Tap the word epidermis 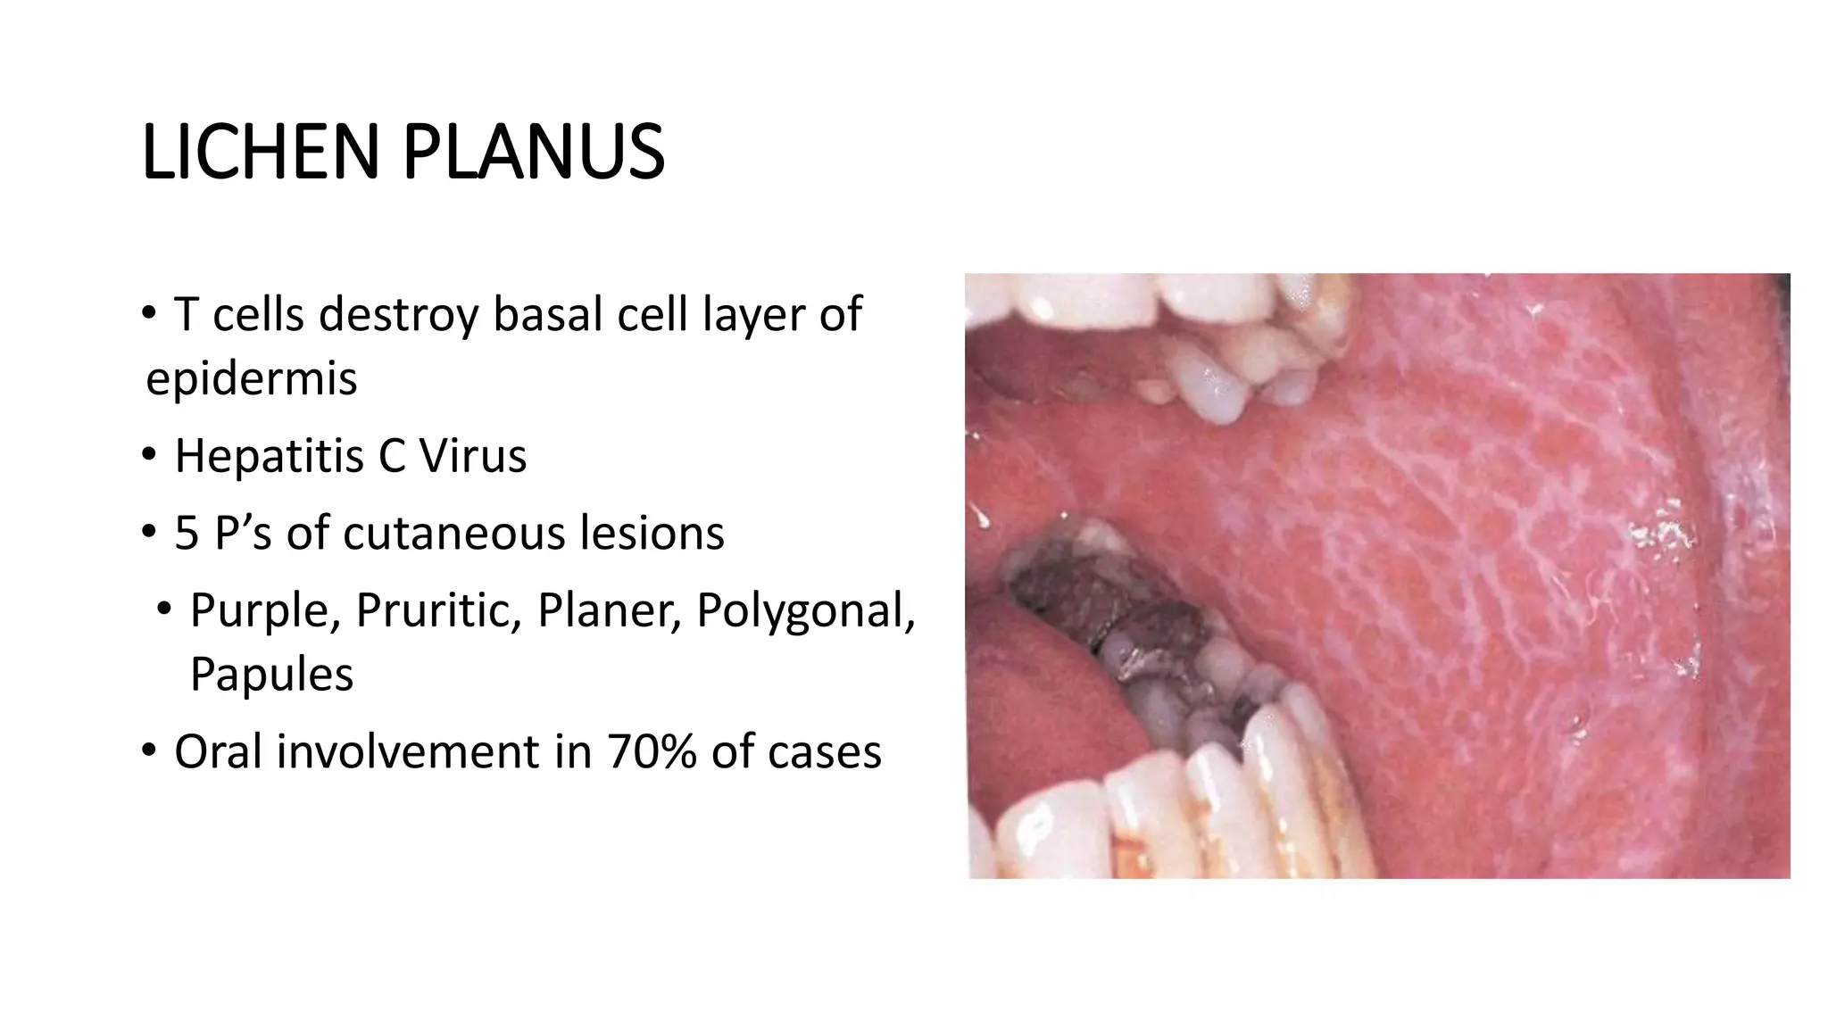click(x=251, y=378)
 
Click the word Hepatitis click(x=269, y=456)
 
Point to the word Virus click(x=473, y=456)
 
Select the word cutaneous click(x=454, y=534)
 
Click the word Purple click(x=265, y=612)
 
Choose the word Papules click(x=271, y=675)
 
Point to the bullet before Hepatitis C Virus click(x=149, y=455)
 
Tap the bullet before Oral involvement click(x=149, y=750)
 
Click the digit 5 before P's click(x=187, y=534)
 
